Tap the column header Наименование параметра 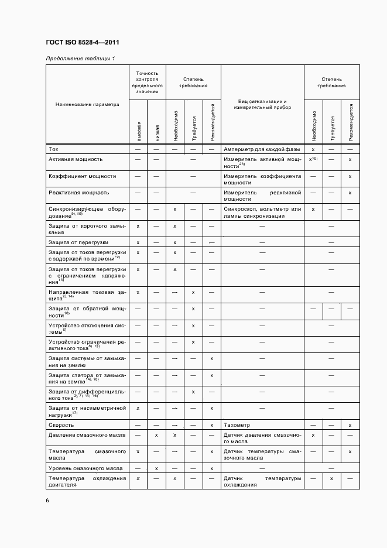coord(87,104)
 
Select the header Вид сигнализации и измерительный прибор coord(262,104)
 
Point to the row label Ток coord(53,149)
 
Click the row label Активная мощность coord(76,159)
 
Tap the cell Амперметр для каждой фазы coord(262,149)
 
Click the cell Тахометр coord(237,424)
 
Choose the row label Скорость coord(61,424)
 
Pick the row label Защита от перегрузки coord(78,242)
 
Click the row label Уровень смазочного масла coord(85,468)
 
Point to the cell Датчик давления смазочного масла coord(262,439)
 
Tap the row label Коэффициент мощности coord(82,176)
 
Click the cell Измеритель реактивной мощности coord(262,196)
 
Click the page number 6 coord(47,500)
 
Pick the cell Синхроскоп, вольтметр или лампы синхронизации coord(262,212)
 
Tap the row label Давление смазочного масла coord(85,435)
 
